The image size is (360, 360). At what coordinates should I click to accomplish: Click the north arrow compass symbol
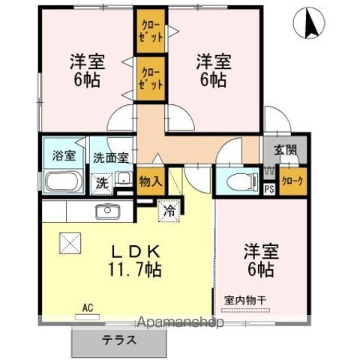click(x=309, y=23)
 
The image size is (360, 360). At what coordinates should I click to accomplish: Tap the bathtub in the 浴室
click(x=64, y=181)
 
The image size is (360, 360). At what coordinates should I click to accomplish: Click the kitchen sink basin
click(x=108, y=211)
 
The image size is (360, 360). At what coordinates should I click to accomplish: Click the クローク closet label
click(x=292, y=181)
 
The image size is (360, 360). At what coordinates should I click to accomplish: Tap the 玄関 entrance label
click(x=286, y=150)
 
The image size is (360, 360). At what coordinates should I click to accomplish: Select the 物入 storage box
click(x=151, y=181)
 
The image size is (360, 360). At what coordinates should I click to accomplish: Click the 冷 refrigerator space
click(x=169, y=211)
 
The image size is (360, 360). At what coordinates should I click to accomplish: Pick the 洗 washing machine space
click(x=103, y=183)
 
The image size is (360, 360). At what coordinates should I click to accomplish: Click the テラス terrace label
click(x=119, y=340)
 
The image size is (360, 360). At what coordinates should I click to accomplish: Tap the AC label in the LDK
click(x=88, y=307)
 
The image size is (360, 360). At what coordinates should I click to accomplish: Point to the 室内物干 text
click(x=245, y=300)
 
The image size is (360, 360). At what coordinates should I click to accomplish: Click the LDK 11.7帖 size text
click(x=135, y=261)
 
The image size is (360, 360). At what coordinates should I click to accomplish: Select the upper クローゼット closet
click(x=151, y=31)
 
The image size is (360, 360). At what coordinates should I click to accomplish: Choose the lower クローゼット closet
click(x=151, y=79)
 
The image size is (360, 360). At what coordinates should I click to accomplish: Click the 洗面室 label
click(x=111, y=158)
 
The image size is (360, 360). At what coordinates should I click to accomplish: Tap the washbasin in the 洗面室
click(x=124, y=178)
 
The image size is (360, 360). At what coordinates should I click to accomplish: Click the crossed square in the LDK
click(x=70, y=243)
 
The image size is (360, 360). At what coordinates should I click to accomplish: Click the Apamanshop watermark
click(x=181, y=322)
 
